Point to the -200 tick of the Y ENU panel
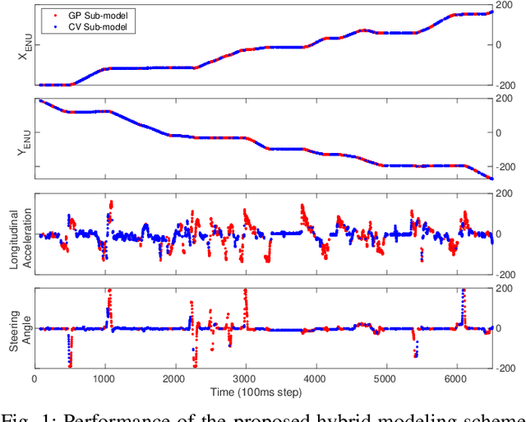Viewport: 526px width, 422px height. (508, 166)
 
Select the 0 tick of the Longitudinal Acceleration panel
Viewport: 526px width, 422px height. (501, 234)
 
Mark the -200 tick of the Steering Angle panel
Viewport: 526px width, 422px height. (508, 368)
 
